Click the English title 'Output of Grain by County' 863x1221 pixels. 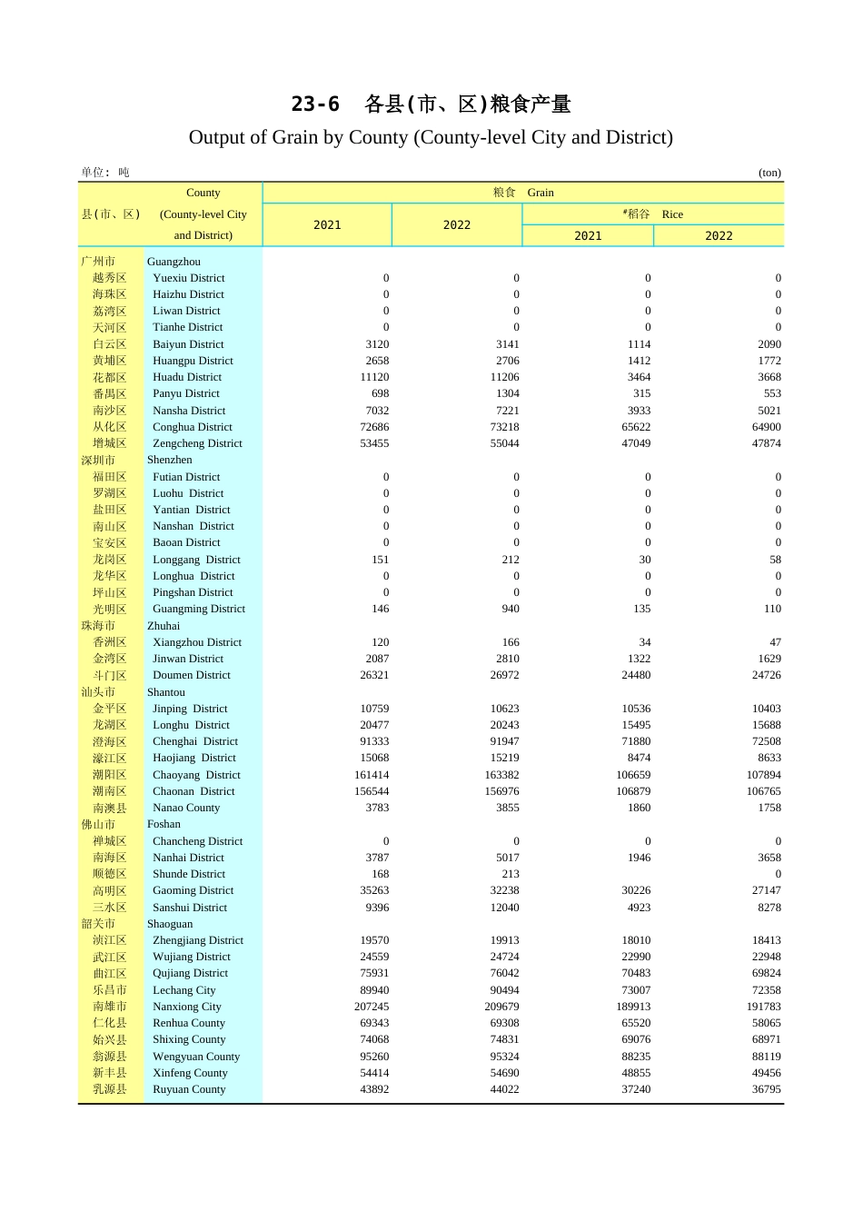pos(431,137)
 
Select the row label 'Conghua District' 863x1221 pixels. pos(192,427)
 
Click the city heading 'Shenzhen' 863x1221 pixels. pos(169,460)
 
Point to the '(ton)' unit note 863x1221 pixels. pos(769,173)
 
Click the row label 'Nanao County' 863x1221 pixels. pos(186,808)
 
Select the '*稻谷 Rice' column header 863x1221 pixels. pos(652,214)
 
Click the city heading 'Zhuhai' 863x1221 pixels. pos(164,626)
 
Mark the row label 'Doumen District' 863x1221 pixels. pos(191,675)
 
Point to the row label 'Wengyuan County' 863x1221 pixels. pos(196,1057)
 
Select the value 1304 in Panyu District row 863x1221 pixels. pos(508,393)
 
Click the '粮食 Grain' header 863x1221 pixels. pos(522,193)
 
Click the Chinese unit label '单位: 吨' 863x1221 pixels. pos(105,173)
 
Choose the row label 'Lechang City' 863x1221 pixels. pos(184,990)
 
